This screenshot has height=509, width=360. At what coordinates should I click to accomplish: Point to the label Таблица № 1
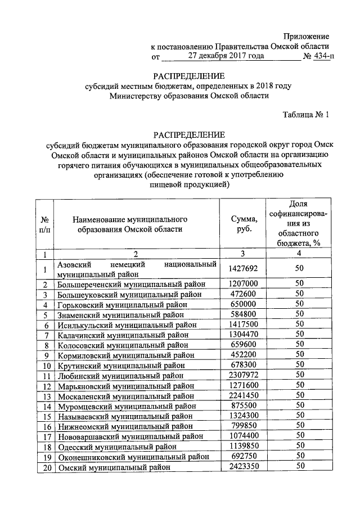coord(305,115)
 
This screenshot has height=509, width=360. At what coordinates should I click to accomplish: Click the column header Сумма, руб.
coord(244,224)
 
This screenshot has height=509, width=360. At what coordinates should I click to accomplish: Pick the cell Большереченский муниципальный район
coord(131,284)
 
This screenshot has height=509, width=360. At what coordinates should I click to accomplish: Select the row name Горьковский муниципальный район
coord(122,304)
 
